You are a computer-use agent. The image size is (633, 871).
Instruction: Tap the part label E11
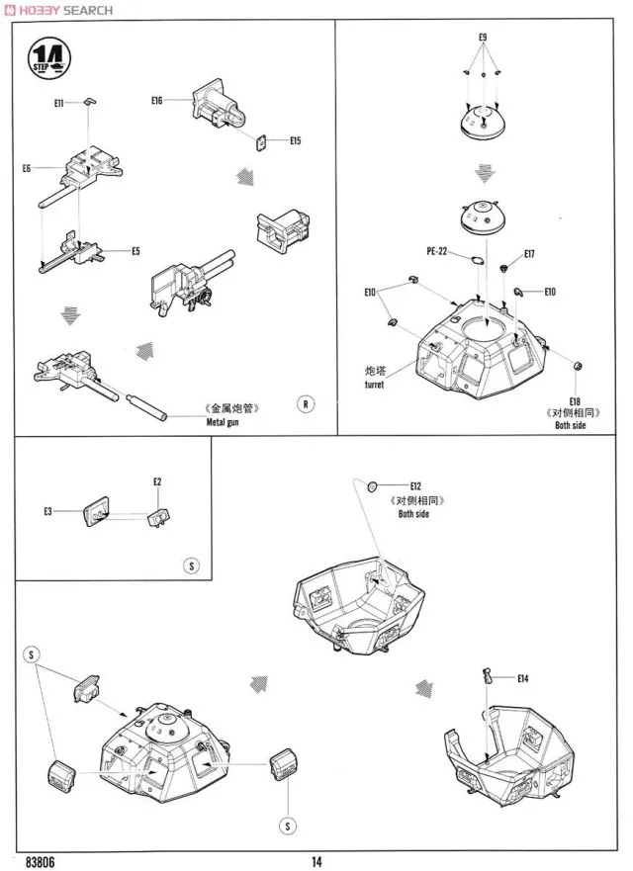click(x=59, y=103)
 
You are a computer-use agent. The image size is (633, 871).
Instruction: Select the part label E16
click(x=157, y=100)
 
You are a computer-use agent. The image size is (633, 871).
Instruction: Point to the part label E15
click(x=295, y=141)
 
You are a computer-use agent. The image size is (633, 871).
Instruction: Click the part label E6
click(x=27, y=169)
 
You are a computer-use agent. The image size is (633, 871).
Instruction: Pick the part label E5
click(x=136, y=251)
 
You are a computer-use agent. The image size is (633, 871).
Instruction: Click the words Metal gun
click(x=224, y=422)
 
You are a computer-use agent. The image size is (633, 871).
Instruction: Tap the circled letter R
click(x=306, y=403)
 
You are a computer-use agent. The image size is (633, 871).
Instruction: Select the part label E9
click(x=483, y=37)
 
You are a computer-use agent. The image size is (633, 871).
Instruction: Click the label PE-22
click(x=436, y=252)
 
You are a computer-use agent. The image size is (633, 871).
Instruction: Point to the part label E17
click(x=529, y=254)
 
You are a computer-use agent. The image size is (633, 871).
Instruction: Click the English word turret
click(x=373, y=385)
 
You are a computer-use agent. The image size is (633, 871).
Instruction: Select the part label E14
click(x=523, y=677)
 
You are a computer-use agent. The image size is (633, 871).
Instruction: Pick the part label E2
click(x=157, y=481)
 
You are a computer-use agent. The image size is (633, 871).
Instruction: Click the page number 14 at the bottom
click(x=316, y=860)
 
